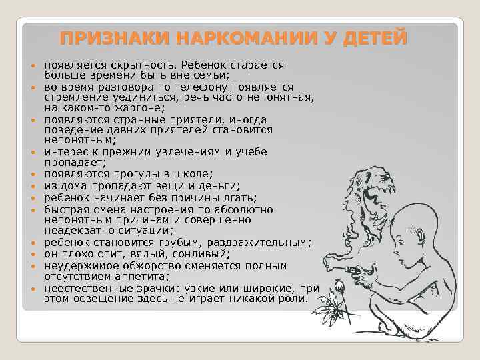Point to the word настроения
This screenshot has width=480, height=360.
pos(173,209)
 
